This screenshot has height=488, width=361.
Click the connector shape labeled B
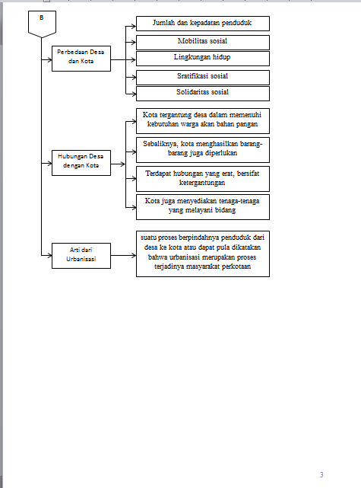[42, 24]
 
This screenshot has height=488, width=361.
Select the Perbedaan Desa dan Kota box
[81, 59]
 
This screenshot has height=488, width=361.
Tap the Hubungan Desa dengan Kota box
[81, 163]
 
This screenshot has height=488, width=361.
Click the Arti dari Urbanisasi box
[81, 256]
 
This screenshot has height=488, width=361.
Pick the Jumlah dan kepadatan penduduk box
[203, 24]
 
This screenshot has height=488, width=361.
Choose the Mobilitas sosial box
[203, 43]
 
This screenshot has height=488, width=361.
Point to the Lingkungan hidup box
[203, 59]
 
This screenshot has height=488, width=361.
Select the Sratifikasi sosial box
[203, 78]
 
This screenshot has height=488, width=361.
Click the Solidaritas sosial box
[203, 94]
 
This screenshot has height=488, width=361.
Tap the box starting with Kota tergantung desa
[203, 121]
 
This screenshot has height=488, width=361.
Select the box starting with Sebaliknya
[203, 150]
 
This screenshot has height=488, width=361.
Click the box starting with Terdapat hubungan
[203, 179]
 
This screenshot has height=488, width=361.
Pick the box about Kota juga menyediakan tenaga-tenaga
[203, 207]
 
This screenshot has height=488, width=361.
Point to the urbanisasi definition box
[203, 254]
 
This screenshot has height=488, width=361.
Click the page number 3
[321, 474]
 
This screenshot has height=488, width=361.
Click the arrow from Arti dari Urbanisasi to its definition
[123, 256]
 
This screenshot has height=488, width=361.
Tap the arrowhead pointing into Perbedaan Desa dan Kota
[49, 59]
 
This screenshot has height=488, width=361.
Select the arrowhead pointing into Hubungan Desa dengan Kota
[49, 163]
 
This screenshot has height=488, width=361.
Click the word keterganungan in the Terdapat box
[202, 183]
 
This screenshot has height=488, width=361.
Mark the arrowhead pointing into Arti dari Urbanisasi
[49, 256]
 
